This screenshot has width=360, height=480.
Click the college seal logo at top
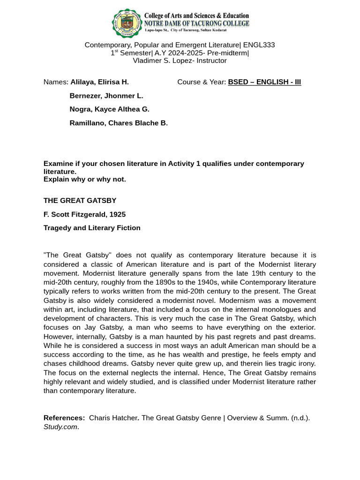(x=127, y=22)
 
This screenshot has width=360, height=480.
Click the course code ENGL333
(x=259, y=45)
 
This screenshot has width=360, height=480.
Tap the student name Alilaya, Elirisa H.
(x=99, y=82)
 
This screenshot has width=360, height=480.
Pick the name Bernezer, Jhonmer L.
(x=106, y=96)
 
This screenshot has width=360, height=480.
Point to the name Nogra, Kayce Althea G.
(x=109, y=109)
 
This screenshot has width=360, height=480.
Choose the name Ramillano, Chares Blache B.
(x=119, y=123)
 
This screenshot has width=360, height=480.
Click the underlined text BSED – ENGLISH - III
(x=264, y=82)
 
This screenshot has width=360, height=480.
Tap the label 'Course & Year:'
(x=202, y=82)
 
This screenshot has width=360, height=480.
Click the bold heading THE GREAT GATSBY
(x=80, y=201)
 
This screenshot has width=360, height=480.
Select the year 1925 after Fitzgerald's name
(x=117, y=214)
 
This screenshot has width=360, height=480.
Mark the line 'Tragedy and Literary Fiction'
(x=92, y=228)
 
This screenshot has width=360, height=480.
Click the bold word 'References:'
(x=64, y=418)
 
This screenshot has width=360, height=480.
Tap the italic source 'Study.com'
(x=60, y=427)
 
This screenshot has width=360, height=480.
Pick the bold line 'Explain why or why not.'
(x=85, y=179)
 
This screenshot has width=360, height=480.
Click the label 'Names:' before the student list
(x=56, y=82)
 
